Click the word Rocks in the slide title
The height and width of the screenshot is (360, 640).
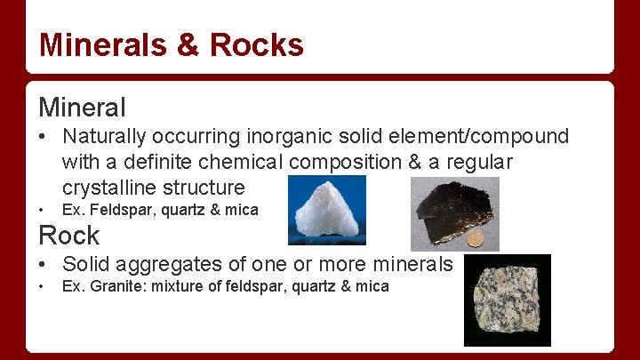tap(256, 44)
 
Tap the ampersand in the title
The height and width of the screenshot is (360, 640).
tap(187, 44)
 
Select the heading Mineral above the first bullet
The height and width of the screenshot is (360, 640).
tap(82, 108)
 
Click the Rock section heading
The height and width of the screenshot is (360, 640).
tap(68, 236)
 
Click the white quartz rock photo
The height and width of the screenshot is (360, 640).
tap(326, 210)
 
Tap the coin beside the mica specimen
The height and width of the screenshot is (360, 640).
tap(476, 239)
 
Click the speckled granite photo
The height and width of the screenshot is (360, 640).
tap(507, 300)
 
